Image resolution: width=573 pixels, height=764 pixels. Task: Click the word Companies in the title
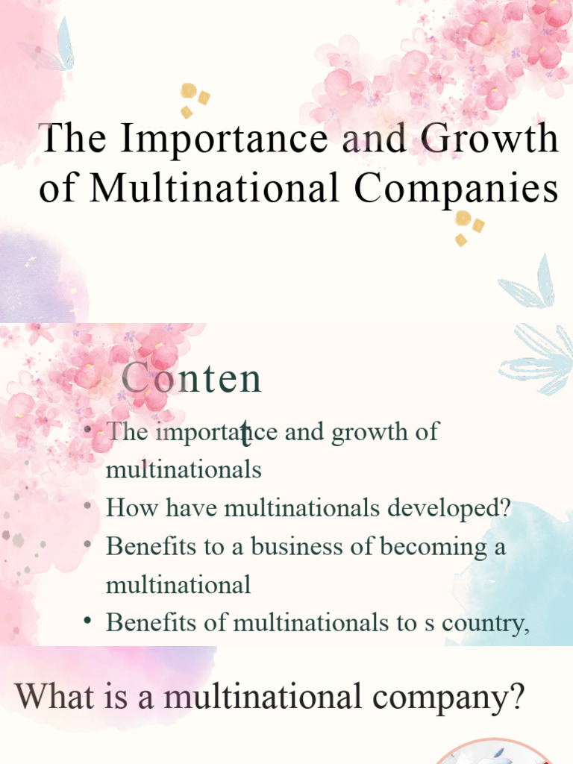pos(456,189)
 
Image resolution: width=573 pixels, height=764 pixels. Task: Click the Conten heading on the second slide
pos(192,379)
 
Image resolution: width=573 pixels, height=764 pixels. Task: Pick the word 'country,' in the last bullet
pos(486,622)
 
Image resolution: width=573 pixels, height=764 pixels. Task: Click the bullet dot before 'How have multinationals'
pos(88,507)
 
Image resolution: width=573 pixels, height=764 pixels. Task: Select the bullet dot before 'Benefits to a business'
pos(88,545)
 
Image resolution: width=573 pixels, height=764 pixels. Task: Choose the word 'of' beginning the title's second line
pos(57,189)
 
